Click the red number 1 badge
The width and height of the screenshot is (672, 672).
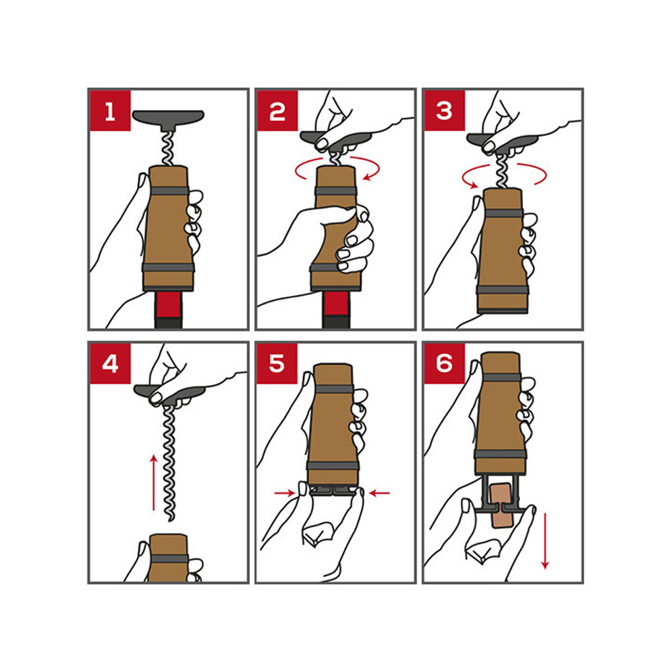110,111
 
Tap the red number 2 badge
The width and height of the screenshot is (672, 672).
278,111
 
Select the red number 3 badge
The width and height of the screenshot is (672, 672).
444,111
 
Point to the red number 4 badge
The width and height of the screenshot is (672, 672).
110,364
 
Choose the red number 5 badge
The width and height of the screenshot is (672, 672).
278,364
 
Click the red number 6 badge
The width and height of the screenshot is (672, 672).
444,364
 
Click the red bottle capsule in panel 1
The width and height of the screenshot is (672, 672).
168,304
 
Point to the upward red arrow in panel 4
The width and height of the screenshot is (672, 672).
153,482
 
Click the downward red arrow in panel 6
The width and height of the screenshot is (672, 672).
545,541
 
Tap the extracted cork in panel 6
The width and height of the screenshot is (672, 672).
501,506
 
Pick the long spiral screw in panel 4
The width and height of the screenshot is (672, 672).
169,463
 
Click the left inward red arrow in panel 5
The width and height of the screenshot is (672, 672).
285,493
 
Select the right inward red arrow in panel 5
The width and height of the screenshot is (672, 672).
379,493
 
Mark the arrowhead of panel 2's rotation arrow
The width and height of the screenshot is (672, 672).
367,176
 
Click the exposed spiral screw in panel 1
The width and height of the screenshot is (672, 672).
167,149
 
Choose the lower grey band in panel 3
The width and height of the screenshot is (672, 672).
502,290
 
